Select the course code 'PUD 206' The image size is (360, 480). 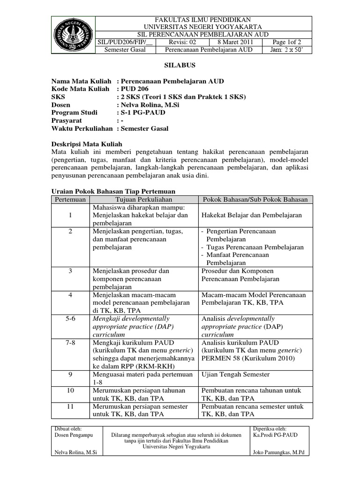click(x=135, y=89)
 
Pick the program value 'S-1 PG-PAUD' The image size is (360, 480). click(x=142, y=112)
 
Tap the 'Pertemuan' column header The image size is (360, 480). click(x=70, y=199)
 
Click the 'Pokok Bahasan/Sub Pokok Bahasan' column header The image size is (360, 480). click(x=255, y=199)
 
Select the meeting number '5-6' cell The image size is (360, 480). click(x=70, y=318)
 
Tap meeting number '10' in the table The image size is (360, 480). click(x=70, y=390)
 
